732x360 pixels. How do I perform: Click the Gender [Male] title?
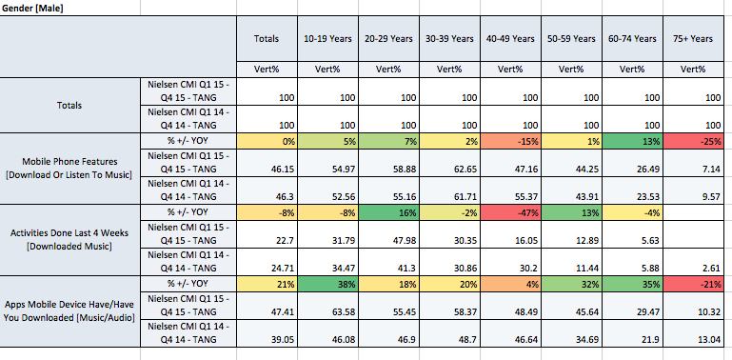pyautogui.click(x=32, y=9)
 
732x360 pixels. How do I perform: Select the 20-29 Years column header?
pyautogui.click(x=389, y=39)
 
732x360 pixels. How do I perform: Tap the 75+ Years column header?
pyautogui.click(x=693, y=39)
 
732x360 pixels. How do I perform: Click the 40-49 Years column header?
pyautogui.click(x=511, y=39)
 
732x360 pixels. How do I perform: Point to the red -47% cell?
pyautogui.click(x=511, y=212)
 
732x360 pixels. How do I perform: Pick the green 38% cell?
pyautogui.click(x=328, y=284)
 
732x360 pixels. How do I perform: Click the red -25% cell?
pyautogui.click(x=694, y=142)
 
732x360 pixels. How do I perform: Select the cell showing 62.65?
pyautogui.click(x=465, y=169)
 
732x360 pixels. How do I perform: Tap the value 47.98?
pyautogui.click(x=404, y=240)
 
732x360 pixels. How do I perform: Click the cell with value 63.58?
pyautogui.click(x=343, y=311)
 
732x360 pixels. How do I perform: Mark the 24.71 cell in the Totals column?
pyautogui.click(x=283, y=268)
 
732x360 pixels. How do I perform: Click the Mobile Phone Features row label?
pyautogui.click(x=70, y=168)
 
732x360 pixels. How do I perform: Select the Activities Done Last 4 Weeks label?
pyautogui.click(x=70, y=240)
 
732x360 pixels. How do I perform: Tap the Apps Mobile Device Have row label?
pyautogui.click(x=70, y=310)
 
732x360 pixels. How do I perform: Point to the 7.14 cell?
pyautogui.click(x=712, y=169)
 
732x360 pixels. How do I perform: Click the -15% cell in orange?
pyautogui.click(x=511, y=142)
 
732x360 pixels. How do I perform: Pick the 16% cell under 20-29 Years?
pyautogui.click(x=389, y=212)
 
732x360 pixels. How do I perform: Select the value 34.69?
pyautogui.click(x=585, y=339)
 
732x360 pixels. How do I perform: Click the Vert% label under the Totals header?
pyautogui.click(x=267, y=70)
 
